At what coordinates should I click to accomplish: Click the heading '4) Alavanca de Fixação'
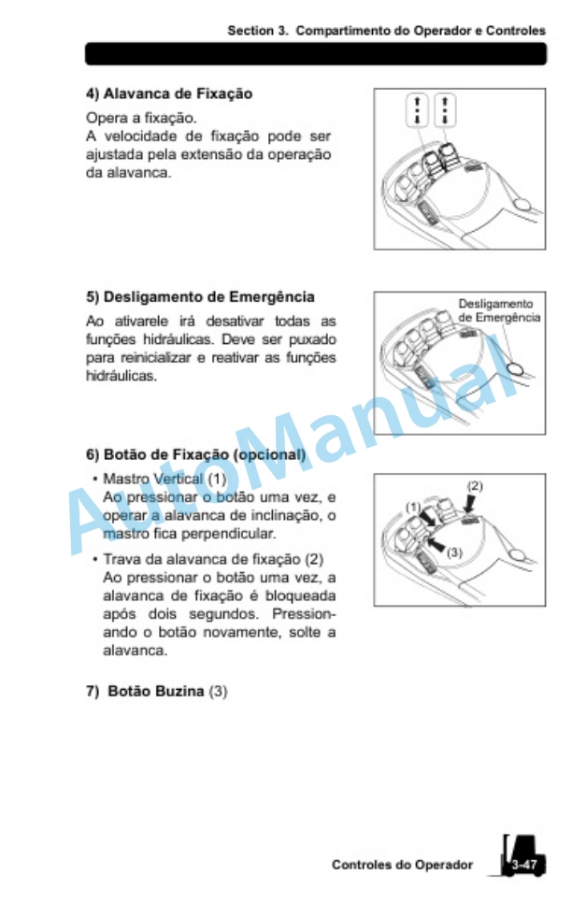(x=169, y=94)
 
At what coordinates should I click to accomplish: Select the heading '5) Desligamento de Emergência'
(x=200, y=297)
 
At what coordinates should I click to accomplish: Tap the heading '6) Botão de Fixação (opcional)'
(x=195, y=454)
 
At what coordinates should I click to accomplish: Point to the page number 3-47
(x=523, y=864)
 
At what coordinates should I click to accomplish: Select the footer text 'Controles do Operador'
(x=402, y=865)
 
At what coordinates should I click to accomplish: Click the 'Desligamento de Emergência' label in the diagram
(x=499, y=310)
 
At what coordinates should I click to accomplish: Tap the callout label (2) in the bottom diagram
(x=475, y=486)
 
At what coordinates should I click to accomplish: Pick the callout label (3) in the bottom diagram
(x=454, y=552)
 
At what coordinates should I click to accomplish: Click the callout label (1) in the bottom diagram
(x=413, y=508)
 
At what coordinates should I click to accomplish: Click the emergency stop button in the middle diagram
(x=517, y=367)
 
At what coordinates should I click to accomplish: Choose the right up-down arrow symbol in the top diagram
(x=445, y=109)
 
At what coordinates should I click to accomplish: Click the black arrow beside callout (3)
(x=436, y=544)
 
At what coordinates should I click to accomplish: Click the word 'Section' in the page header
(x=251, y=31)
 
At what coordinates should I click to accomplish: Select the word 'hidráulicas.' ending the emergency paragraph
(x=122, y=377)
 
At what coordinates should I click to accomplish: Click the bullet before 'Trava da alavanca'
(x=94, y=559)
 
